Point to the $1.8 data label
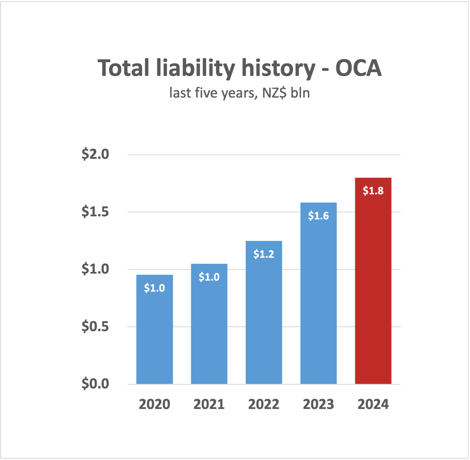pos(373,191)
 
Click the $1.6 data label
pos(318,216)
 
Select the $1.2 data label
pos(264,254)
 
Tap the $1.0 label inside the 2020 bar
pos(154,288)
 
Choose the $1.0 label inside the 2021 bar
pos(209,277)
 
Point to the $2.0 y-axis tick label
pos(95,154)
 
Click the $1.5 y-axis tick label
pos(95,212)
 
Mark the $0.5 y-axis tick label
pos(95,326)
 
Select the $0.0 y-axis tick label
pos(95,384)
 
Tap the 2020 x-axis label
pos(154,404)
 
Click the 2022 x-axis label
pos(264,404)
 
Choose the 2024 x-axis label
pos(373,404)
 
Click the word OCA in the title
pos(358,68)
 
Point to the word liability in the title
pos(195,68)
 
